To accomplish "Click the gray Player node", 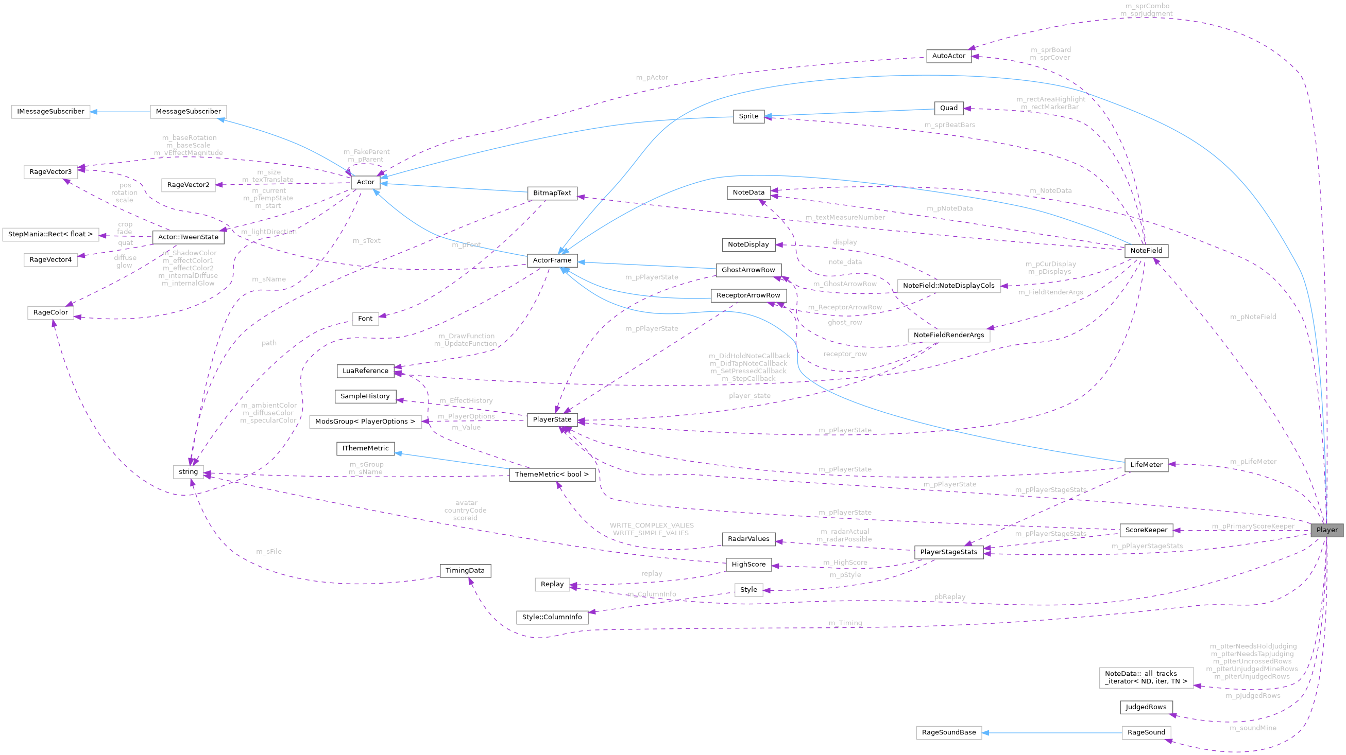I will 1326,530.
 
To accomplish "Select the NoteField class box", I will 1146,251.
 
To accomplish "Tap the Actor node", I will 365,182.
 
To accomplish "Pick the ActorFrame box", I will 552,260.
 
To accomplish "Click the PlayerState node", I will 552,419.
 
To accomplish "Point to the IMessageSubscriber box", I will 50,111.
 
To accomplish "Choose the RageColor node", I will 50,312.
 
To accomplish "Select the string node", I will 188,471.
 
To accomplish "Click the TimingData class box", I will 465,570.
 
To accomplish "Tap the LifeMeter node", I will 1146,464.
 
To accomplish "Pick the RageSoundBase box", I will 948,732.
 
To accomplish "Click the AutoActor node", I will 948,56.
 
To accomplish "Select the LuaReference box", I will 365,371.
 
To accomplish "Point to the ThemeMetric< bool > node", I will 552,474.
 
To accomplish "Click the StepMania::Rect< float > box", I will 50,234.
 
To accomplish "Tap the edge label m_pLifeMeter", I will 1253,462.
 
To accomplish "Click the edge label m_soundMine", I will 1252,728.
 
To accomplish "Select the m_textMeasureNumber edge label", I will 845,217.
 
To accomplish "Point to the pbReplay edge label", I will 949,597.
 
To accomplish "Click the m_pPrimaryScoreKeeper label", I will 1252,526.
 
